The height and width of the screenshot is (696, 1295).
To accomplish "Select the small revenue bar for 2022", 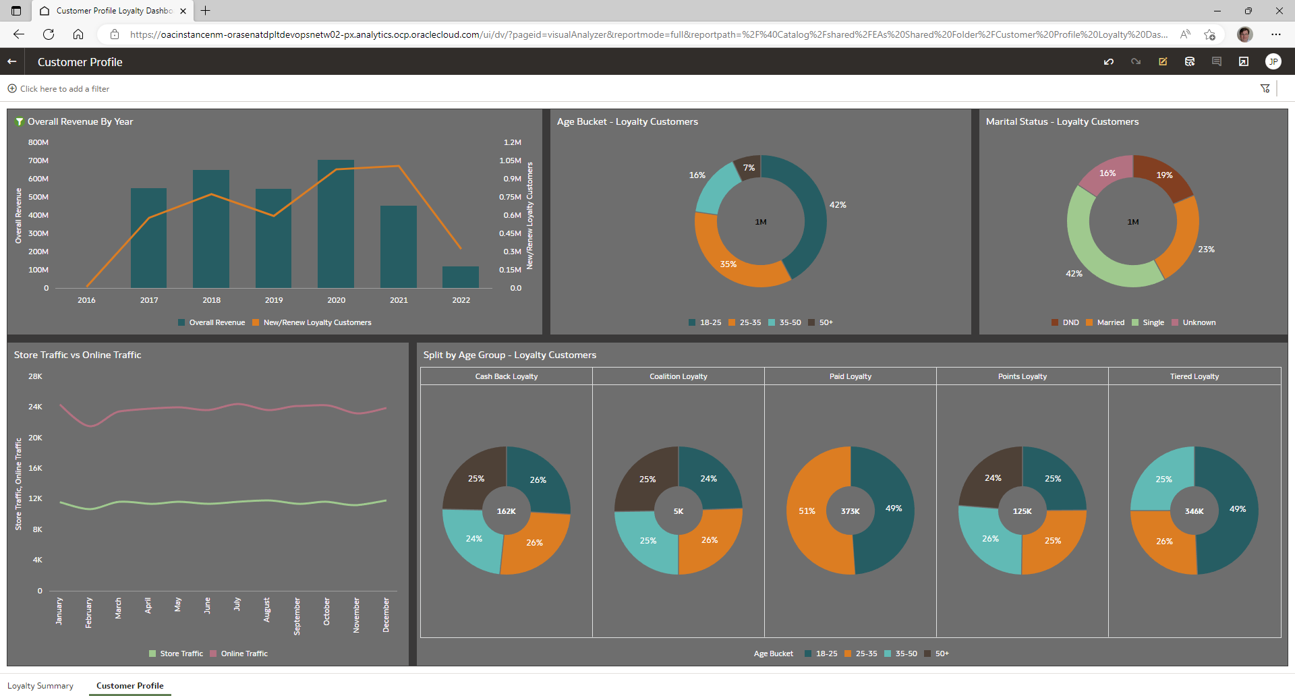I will [x=461, y=277].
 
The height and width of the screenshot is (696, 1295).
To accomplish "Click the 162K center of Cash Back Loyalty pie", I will [x=507, y=511].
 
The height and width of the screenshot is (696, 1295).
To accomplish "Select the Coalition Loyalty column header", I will [x=678, y=376].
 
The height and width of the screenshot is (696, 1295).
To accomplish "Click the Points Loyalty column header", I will [x=1022, y=376].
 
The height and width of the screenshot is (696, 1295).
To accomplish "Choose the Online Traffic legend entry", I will [x=243, y=654].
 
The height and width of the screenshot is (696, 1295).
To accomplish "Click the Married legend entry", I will [x=1110, y=322].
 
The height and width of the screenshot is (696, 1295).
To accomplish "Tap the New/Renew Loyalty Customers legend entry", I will [x=317, y=322].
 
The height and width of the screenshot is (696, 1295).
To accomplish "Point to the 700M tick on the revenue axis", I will [x=38, y=161].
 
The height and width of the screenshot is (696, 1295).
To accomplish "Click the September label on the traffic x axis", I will [x=297, y=616].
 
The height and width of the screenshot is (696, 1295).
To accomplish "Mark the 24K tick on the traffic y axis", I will [x=35, y=407].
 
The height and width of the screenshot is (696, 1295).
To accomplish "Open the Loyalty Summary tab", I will [x=40, y=686].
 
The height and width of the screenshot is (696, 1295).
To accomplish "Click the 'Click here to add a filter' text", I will [x=64, y=89].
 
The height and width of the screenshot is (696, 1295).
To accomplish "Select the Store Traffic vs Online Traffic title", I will [x=78, y=355].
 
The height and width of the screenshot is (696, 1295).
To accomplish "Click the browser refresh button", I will [x=49, y=34].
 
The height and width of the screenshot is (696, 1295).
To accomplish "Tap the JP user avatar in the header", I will [x=1273, y=61].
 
